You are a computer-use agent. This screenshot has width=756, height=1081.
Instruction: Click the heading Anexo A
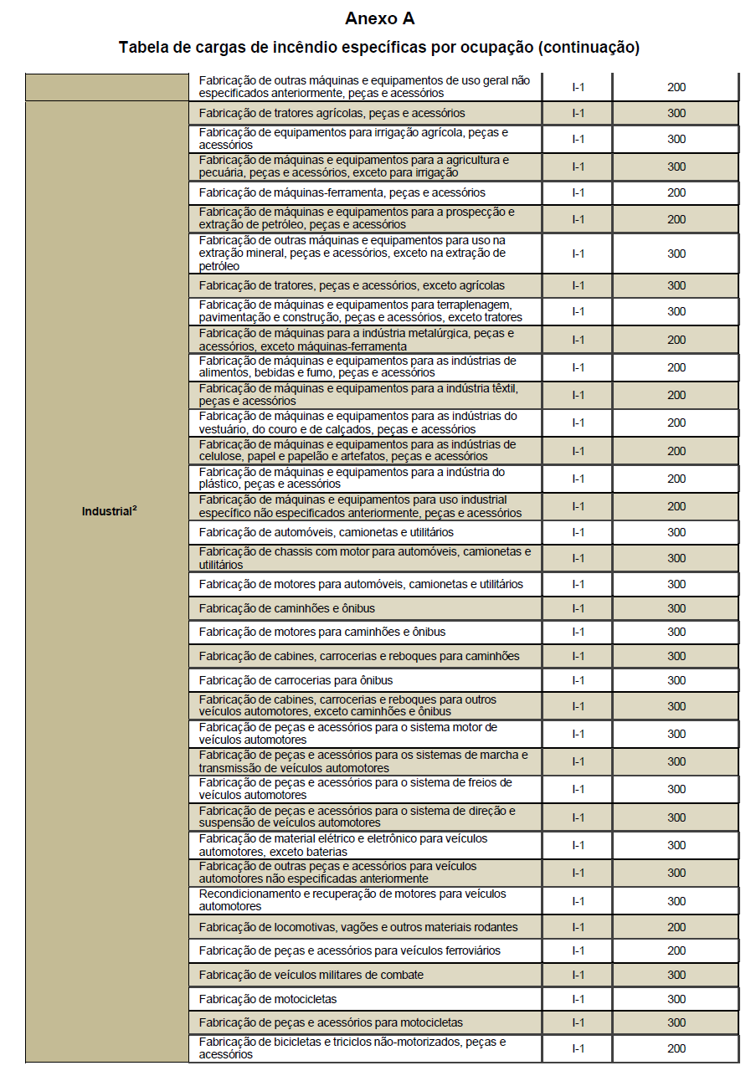click(x=378, y=18)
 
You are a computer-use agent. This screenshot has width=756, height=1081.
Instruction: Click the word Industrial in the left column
click(x=106, y=511)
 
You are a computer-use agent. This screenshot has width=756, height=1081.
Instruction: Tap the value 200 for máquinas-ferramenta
click(x=676, y=192)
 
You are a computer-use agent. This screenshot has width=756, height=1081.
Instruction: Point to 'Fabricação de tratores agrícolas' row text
click(x=332, y=113)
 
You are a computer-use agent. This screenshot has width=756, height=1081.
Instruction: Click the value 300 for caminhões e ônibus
click(x=676, y=608)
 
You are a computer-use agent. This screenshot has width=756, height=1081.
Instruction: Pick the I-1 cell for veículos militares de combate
click(x=578, y=975)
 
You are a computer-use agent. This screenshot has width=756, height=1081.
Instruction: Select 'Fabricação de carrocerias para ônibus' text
click(x=296, y=680)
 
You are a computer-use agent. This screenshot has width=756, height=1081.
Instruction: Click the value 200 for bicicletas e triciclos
click(x=676, y=1048)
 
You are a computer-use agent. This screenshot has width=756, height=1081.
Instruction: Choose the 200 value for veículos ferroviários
click(x=676, y=950)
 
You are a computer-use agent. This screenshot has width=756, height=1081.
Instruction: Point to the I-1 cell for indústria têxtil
click(x=578, y=395)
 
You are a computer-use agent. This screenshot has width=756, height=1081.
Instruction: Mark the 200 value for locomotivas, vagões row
click(x=676, y=927)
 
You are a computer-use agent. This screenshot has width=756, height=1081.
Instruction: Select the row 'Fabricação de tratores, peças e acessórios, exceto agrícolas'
click(x=352, y=285)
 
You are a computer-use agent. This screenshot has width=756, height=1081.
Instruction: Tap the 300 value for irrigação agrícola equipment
click(x=676, y=139)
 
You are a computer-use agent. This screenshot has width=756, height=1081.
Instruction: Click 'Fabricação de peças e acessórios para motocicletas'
click(x=331, y=1022)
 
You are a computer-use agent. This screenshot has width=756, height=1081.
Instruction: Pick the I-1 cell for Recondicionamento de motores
click(x=578, y=901)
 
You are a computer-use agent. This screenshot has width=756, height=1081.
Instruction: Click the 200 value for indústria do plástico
click(x=676, y=479)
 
